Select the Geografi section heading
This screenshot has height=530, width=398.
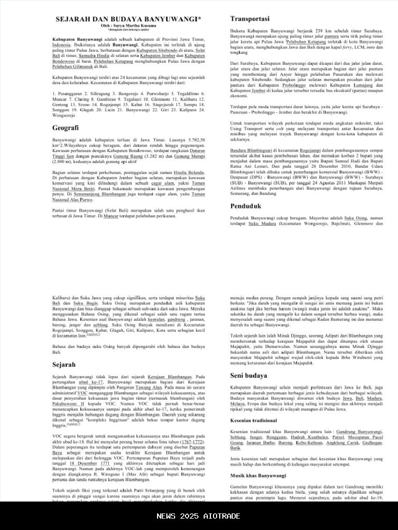tap(65, 128)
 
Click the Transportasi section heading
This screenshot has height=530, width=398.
tap(250, 19)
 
